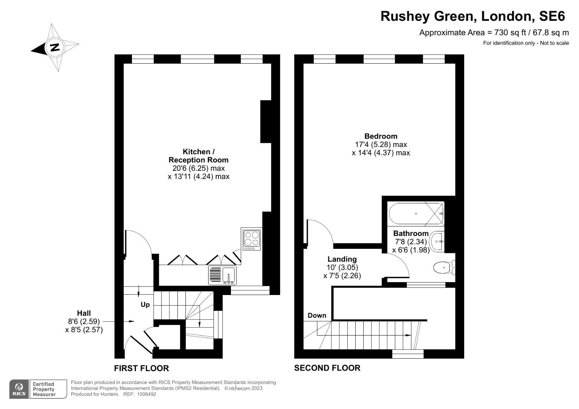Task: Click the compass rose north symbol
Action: click(x=55, y=48)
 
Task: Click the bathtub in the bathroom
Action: click(x=416, y=214)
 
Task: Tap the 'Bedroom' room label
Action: click(x=381, y=136)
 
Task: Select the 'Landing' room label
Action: click(x=342, y=259)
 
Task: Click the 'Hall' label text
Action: click(x=84, y=313)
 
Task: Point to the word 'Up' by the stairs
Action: click(x=145, y=304)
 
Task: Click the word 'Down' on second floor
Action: click(x=317, y=315)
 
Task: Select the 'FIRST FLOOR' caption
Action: click(x=141, y=368)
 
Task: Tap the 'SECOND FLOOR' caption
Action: click(x=327, y=368)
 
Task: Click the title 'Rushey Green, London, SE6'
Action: click(x=472, y=16)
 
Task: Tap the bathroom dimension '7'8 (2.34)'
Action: click(x=411, y=242)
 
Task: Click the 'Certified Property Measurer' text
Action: click(x=44, y=389)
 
